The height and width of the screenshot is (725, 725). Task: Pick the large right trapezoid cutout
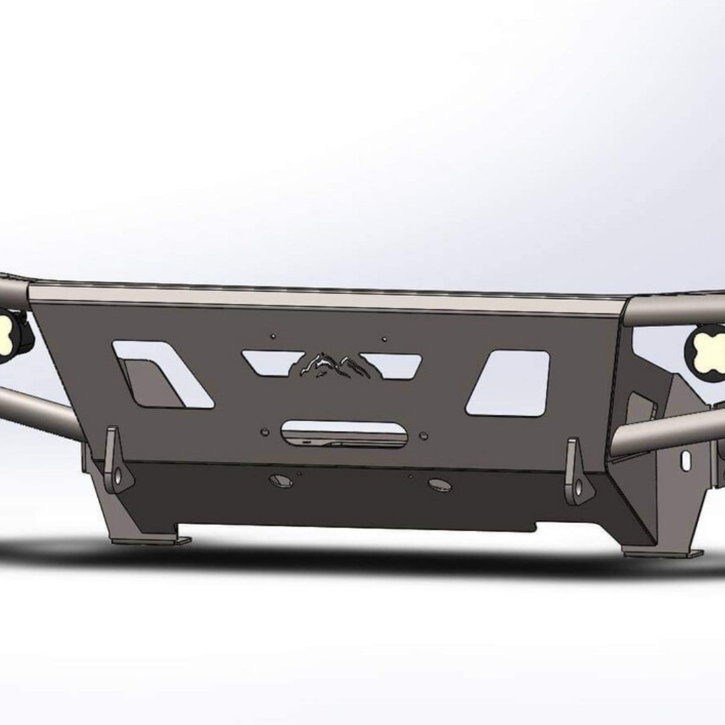point(510,381)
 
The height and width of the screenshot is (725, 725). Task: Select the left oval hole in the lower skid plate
point(280,481)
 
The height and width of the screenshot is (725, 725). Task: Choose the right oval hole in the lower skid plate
point(440,485)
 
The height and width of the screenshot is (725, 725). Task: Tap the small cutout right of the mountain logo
point(393,365)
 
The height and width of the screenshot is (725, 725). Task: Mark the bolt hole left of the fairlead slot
point(264,432)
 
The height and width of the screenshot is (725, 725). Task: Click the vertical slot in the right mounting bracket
point(685,461)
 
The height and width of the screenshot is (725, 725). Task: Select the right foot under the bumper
point(661,552)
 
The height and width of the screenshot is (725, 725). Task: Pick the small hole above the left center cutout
point(273,335)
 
